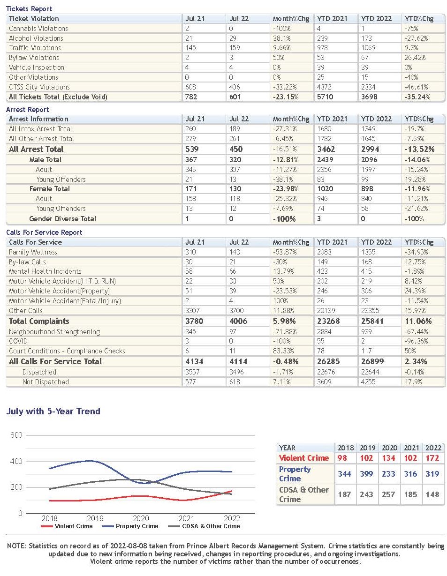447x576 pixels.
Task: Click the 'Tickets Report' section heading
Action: point(29,9)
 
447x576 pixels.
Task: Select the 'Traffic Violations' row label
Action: point(35,48)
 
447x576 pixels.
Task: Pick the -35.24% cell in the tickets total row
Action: point(417,97)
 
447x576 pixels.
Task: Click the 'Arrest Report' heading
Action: point(27,110)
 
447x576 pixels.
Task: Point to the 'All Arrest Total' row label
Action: point(36,149)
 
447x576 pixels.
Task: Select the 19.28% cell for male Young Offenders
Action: point(415,179)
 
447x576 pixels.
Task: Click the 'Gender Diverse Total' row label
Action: point(62,219)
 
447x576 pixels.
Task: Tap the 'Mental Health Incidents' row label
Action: point(45,271)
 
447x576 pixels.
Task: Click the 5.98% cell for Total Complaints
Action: point(284,321)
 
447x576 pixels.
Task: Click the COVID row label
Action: point(18,341)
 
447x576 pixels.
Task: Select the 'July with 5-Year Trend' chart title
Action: point(53,411)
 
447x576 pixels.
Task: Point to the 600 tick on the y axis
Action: point(16,435)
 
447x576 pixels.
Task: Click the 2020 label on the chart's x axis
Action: point(141,518)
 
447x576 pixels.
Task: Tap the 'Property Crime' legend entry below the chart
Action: point(130,526)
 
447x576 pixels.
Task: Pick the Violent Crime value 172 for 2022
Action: point(432,458)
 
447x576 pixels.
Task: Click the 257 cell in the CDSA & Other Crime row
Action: point(388,494)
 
